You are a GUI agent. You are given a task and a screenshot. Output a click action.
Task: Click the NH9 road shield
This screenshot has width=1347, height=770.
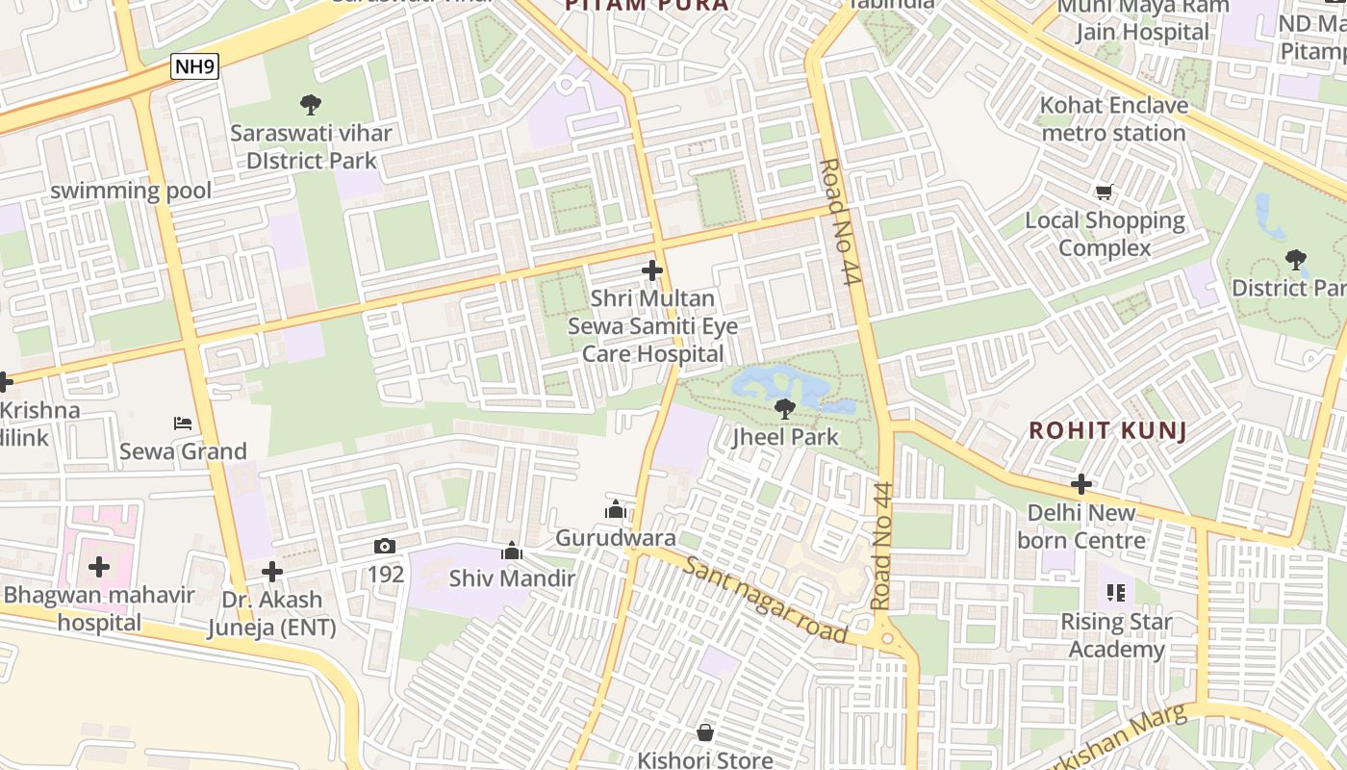[195, 66]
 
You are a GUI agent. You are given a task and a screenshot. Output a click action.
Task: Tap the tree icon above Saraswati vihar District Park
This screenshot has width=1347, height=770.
[310, 104]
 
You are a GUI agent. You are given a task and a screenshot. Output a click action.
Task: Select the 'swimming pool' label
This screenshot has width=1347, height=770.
[131, 191]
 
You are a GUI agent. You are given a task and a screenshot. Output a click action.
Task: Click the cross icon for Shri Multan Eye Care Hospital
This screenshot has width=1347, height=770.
[652, 270]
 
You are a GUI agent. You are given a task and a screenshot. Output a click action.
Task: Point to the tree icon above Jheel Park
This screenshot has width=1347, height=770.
[785, 408]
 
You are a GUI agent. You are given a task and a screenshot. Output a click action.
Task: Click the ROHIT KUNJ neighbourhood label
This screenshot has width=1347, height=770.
[1107, 430]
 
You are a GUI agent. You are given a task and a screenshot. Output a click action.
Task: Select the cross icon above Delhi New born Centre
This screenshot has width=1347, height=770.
[1081, 483]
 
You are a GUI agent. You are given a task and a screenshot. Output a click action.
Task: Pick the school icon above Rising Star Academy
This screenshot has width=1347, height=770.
[1115, 593]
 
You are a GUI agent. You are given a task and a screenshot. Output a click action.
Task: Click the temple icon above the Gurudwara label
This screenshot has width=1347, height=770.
[616, 509]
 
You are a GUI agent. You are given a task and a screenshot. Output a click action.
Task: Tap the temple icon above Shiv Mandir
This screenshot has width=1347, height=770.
[512, 551]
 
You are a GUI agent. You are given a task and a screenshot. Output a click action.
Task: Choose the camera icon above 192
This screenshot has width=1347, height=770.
[385, 546]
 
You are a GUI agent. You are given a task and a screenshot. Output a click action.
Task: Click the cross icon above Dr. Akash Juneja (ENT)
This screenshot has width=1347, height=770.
[272, 572]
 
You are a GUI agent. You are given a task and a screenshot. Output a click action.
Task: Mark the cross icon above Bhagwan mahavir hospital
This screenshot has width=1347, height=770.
[99, 566]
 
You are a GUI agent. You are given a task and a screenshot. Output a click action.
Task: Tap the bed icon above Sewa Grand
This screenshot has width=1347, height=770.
[183, 423]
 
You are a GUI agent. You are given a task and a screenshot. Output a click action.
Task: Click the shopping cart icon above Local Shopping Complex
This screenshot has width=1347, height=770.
[1105, 192]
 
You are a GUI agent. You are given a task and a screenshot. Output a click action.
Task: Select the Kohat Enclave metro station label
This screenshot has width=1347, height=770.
[1114, 118]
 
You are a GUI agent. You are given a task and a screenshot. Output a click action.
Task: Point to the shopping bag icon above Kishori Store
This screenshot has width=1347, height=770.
[705, 732]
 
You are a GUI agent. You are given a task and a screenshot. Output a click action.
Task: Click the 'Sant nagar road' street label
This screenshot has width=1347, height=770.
[766, 599]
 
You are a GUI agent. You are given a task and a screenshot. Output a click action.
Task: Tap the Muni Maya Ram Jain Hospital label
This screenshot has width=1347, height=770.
[1142, 19]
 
